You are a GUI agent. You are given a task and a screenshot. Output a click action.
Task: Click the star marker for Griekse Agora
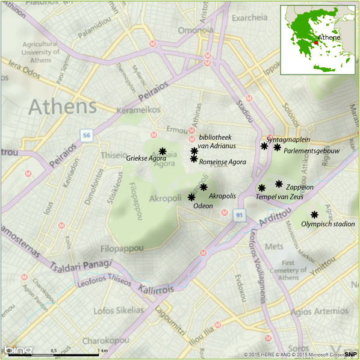pyautogui.click(x=163, y=151)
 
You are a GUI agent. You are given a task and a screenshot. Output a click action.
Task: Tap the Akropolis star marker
pyautogui.click(x=203, y=187)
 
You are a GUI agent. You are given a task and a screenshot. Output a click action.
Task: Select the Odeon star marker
pyautogui.click(x=191, y=197)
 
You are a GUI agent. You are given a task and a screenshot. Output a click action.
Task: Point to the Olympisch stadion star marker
pyautogui.click(x=314, y=214)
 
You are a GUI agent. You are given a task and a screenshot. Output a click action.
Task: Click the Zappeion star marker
pyautogui.click(x=279, y=184)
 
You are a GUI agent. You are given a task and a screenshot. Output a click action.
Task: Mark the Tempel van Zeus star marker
pyautogui.click(x=261, y=188)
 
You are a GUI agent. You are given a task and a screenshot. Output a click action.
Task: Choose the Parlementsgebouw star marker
pyautogui.click(x=277, y=147)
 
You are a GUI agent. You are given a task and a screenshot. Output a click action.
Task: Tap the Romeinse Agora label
pyautogui.click(x=222, y=162)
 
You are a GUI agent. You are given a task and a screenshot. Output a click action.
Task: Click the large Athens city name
pyautogui.click(x=63, y=107)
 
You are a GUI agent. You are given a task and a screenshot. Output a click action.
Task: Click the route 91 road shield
pyautogui.click(x=240, y=214)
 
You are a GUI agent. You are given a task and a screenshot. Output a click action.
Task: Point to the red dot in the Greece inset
pyautogui.click(x=315, y=43)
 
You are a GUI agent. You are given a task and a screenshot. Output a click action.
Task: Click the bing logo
pyautogui.click(x=18, y=350)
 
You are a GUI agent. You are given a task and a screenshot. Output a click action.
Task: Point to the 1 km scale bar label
pyautogui.click(x=104, y=350)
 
